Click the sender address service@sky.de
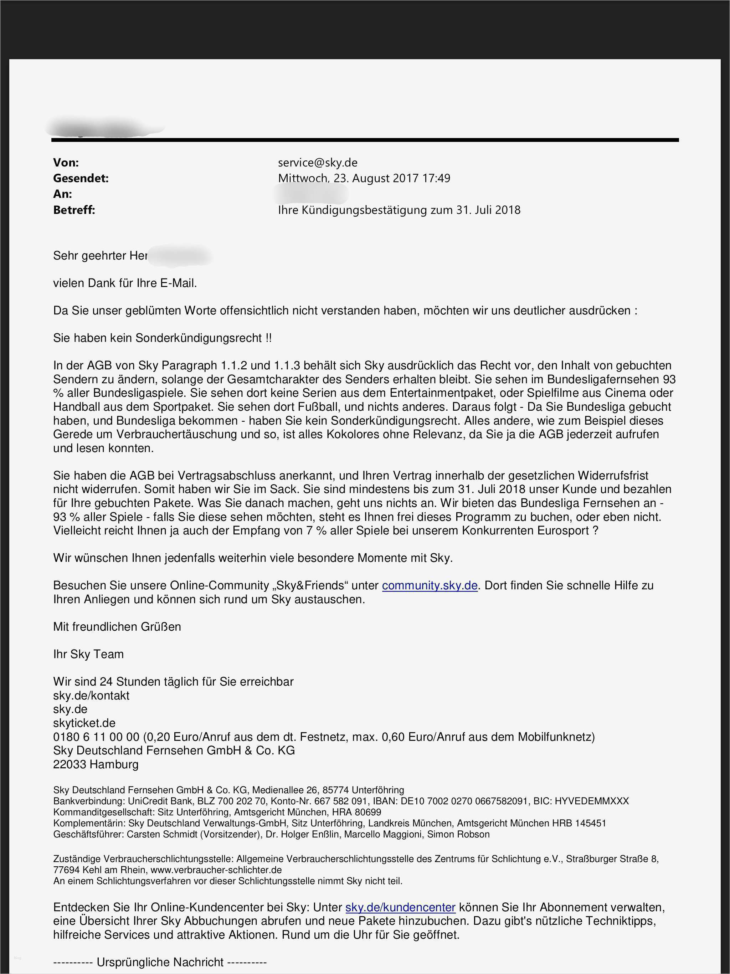318,163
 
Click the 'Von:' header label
66,163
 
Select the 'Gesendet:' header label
81,178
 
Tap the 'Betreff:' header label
74,210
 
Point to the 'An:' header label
62,194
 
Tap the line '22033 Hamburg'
96,764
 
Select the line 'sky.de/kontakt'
91,696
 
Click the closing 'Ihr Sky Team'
88,654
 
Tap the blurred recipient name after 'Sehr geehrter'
180,256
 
